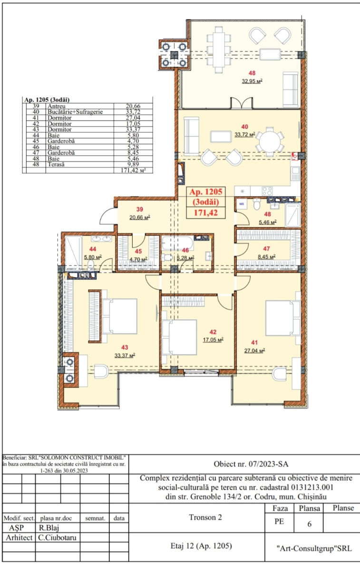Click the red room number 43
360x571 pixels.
(x=125, y=347)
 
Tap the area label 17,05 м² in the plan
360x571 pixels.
(x=213, y=340)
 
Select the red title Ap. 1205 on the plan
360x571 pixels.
(x=205, y=192)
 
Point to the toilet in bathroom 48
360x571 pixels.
(x=257, y=204)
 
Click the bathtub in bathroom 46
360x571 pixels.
(x=177, y=243)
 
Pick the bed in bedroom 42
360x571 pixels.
(x=179, y=337)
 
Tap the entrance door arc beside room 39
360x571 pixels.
(x=107, y=216)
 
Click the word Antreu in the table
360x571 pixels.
(x=57, y=106)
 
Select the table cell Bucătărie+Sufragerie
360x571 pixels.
(x=75, y=112)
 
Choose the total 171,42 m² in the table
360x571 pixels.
(x=133, y=170)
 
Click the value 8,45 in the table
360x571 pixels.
(x=133, y=153)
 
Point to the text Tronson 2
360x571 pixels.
(x=205, y=517)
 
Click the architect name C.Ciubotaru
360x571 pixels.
(x=57, y=538)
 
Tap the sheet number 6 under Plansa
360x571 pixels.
(x=309, y=524)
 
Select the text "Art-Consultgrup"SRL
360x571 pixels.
(x=314, y=549)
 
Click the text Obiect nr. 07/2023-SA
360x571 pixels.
(x=251, y=463)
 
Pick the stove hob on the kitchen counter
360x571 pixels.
(x=267, y=191)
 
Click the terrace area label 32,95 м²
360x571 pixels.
(x=252, y=81)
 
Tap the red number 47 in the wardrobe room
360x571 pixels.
(x=266, y=248)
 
